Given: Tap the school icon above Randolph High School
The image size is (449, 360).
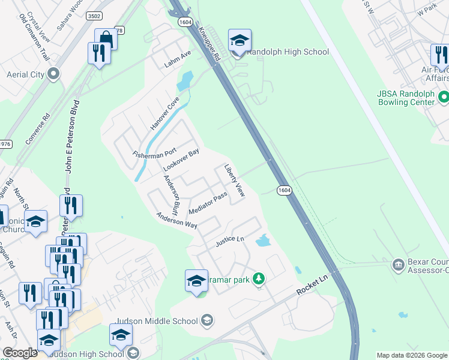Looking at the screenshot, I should click(x=240, y=41).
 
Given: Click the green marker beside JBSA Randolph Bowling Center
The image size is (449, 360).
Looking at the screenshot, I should click(x=444, y=96).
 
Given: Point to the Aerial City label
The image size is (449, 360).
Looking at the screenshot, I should click(x=25, y=74).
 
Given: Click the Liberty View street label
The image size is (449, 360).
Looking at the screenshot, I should click(x=235, y=181).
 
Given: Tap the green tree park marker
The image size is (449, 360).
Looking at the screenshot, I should click(x=259, y=279).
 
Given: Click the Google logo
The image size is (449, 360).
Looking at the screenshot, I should click(x=20, y=353).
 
